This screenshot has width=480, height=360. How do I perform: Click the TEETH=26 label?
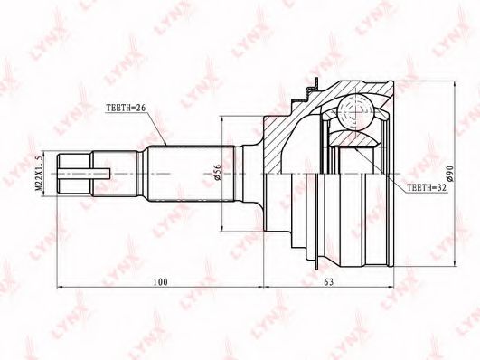tap(127, 108)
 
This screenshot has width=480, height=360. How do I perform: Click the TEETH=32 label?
tap(427, 188)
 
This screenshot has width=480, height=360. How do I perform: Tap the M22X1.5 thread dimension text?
tap(39, 173)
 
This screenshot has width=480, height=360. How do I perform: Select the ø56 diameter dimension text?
tap(217, 173)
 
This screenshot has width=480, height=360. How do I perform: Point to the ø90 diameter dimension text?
tap(449, 173)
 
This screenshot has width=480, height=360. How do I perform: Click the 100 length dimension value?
tap(160, 282)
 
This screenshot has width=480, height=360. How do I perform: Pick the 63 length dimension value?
tap(328, 282)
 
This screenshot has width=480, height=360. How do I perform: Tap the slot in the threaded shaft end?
tap(84, 174)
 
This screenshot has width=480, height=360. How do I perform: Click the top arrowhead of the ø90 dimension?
tap(456, 84)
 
